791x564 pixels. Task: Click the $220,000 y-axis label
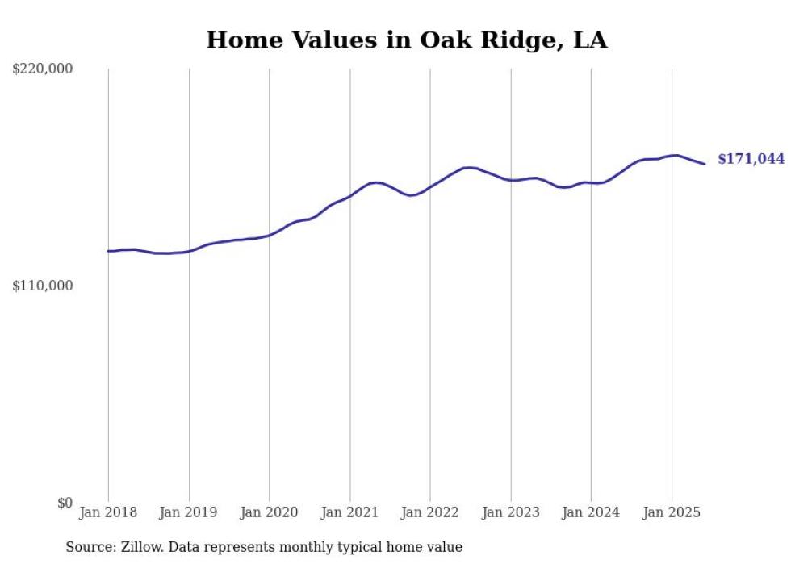[43, 69]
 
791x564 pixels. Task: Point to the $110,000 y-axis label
[43, 286]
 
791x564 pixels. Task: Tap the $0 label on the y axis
[65, 503]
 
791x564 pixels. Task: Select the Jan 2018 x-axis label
[108, 512]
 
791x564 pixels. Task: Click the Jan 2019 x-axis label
[188, 512]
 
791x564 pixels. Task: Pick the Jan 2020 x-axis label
[269, 512]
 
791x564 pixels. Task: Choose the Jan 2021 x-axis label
[349, 512]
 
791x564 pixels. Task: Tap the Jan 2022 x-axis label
[429, 512]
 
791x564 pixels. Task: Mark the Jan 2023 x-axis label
[510, 512]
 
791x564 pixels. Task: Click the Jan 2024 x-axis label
[591, 512]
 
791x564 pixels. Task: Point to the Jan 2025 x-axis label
[671, 512]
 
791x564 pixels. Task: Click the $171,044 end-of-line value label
[751, 160]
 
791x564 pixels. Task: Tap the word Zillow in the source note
[141, 547]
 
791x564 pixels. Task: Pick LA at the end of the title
[588, 40]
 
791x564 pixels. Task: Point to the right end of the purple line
[705, 165]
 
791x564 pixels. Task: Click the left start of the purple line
[108, 251]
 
